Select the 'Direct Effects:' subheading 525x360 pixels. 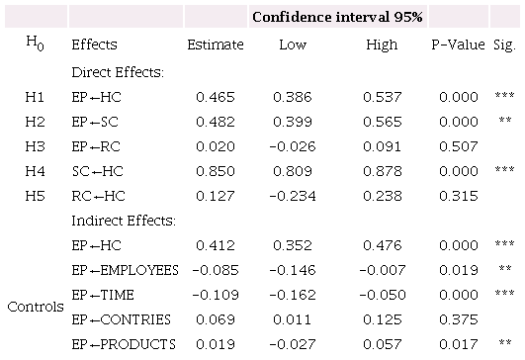(x=117, y=73)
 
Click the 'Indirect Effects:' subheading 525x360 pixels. (x=122, y=220)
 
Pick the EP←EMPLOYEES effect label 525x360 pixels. (x=125, y=269)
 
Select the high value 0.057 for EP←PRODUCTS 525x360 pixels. (x=381, y=343)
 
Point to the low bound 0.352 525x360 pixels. (x=293, y=244)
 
